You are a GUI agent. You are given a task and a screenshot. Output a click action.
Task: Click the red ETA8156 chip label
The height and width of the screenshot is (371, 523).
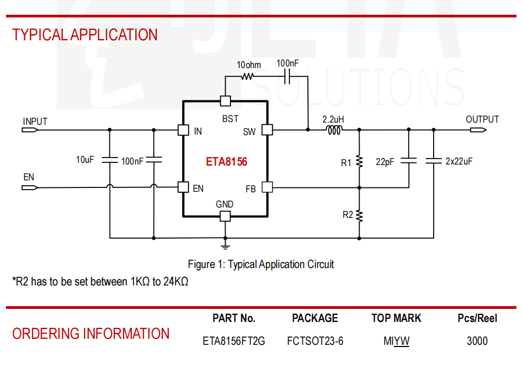[x=227, y=162]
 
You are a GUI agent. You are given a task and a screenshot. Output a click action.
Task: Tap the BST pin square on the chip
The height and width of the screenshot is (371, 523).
[x=226, y=101]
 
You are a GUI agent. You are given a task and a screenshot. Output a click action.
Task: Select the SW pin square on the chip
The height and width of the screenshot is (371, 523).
[x=267, y=130]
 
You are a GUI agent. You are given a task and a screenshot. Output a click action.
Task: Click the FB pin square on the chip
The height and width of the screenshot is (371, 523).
[x=267, y=187]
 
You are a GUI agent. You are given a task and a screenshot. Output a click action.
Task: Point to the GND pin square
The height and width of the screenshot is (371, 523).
[x=225, y=216]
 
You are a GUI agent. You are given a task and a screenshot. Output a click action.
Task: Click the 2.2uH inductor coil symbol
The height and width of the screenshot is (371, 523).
[x=334, y=130]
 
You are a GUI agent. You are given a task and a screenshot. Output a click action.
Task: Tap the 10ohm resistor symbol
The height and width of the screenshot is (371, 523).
[x=247, y=77]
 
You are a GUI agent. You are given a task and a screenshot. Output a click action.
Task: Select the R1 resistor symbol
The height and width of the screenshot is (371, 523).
[x=359, y=161]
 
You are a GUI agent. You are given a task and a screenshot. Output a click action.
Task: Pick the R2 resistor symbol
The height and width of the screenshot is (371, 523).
[x=359, y=216]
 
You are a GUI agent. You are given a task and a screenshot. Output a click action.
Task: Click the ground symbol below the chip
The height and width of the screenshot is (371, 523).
[x=226, y=247]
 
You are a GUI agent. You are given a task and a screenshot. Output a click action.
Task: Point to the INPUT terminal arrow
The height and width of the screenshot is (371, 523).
[x=30, y=130]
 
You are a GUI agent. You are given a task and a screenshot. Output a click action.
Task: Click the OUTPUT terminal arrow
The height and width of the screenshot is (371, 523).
[x=478, y=130]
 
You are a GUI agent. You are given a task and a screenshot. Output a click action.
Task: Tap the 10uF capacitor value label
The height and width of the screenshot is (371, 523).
[x=85, y=160]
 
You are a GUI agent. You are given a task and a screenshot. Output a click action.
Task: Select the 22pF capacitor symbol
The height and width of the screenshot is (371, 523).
[x=409, y=161]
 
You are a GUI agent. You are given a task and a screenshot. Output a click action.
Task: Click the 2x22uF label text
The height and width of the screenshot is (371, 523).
[x=459, y=161]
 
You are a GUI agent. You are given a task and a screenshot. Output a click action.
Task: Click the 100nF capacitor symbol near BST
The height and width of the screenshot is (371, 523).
[x=287, y=77]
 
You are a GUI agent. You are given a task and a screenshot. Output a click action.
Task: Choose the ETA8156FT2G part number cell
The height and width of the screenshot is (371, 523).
[x=234, y=341]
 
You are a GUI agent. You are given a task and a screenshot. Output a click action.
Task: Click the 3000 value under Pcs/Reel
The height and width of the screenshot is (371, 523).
[x=477, y=341]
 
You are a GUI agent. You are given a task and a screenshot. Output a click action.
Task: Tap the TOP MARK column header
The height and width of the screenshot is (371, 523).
[x=397, y=318]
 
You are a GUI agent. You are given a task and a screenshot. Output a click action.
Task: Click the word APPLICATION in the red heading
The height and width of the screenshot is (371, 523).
[x=114, y=35]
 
